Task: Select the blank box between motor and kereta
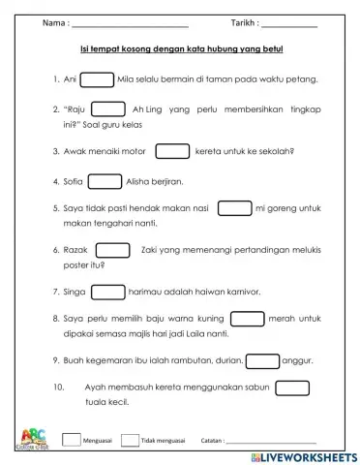tap(172, 151)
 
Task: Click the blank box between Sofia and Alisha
tap(105, 180)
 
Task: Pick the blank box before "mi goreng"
tap(233, 207)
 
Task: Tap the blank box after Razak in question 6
tap(113, 249)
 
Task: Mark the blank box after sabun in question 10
tap(291, 387)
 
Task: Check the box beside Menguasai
tap(71, 439)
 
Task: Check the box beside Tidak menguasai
tap(130, 439)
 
